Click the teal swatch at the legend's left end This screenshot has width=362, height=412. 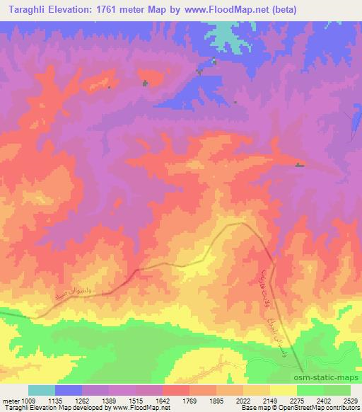41,390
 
